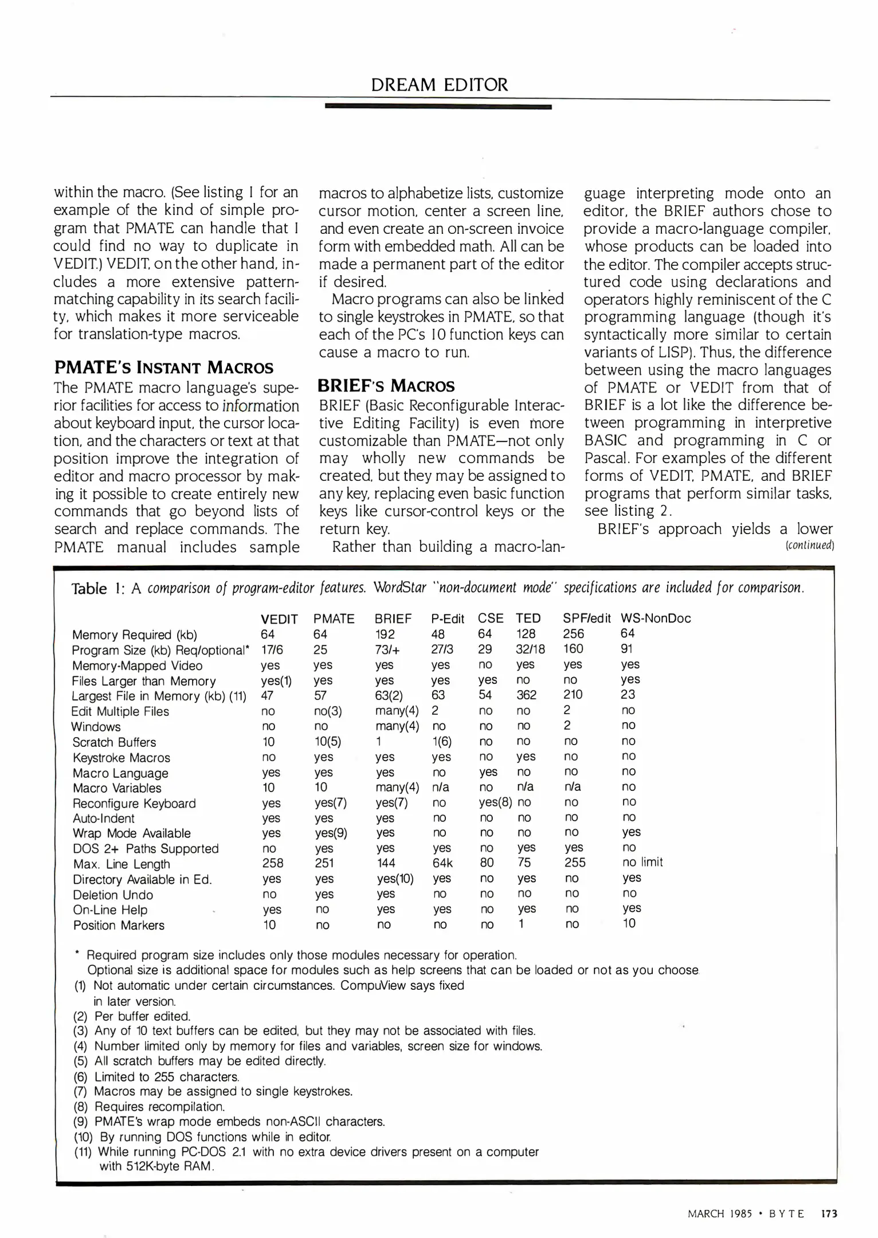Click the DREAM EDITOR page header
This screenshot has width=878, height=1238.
[439, 85]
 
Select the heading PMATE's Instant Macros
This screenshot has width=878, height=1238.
[163, 367]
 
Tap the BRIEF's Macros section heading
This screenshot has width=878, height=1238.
[386, 386]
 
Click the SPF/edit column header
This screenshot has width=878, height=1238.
[586, 618]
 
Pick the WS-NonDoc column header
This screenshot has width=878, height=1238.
[656, 618]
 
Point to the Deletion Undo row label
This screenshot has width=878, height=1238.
[113, 895]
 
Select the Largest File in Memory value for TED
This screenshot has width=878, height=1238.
[526, 695]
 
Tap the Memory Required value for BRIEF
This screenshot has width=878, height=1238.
[385, 634]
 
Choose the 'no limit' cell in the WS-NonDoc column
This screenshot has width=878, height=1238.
[642, 862]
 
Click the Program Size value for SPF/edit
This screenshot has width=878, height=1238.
[573, 649]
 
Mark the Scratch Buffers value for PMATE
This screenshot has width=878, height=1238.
[328, 742]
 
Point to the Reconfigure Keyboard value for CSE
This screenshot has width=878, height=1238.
[495, 802]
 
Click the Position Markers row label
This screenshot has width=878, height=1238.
[119, 925]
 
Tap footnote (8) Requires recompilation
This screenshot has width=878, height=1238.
[150, 1107]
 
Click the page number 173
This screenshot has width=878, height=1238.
[829, 1213]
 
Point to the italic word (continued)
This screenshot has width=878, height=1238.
[809, 545]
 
